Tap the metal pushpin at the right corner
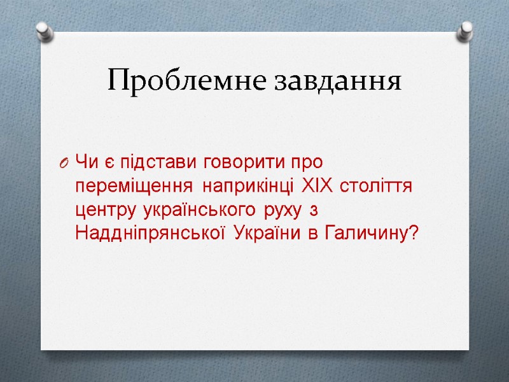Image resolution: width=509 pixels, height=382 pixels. tap(466, 30)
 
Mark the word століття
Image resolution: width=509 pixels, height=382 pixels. tap(377, 188)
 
